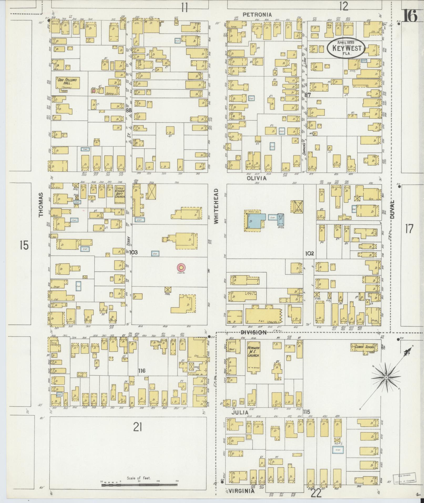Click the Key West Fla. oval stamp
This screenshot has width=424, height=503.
pyautogui.click(x=346, y=48)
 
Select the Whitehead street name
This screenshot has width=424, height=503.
pyautogui.click(x=216, y=206)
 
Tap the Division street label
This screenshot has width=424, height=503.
pyautogui.click(x=254, y=332)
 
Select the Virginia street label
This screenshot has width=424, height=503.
pyautogui.click(x=241, y=491)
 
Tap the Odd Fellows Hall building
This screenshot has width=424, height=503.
pyautogui.click(x=67, y=82)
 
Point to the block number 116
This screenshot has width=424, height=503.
pyautogui.click(x=142, y=371)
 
